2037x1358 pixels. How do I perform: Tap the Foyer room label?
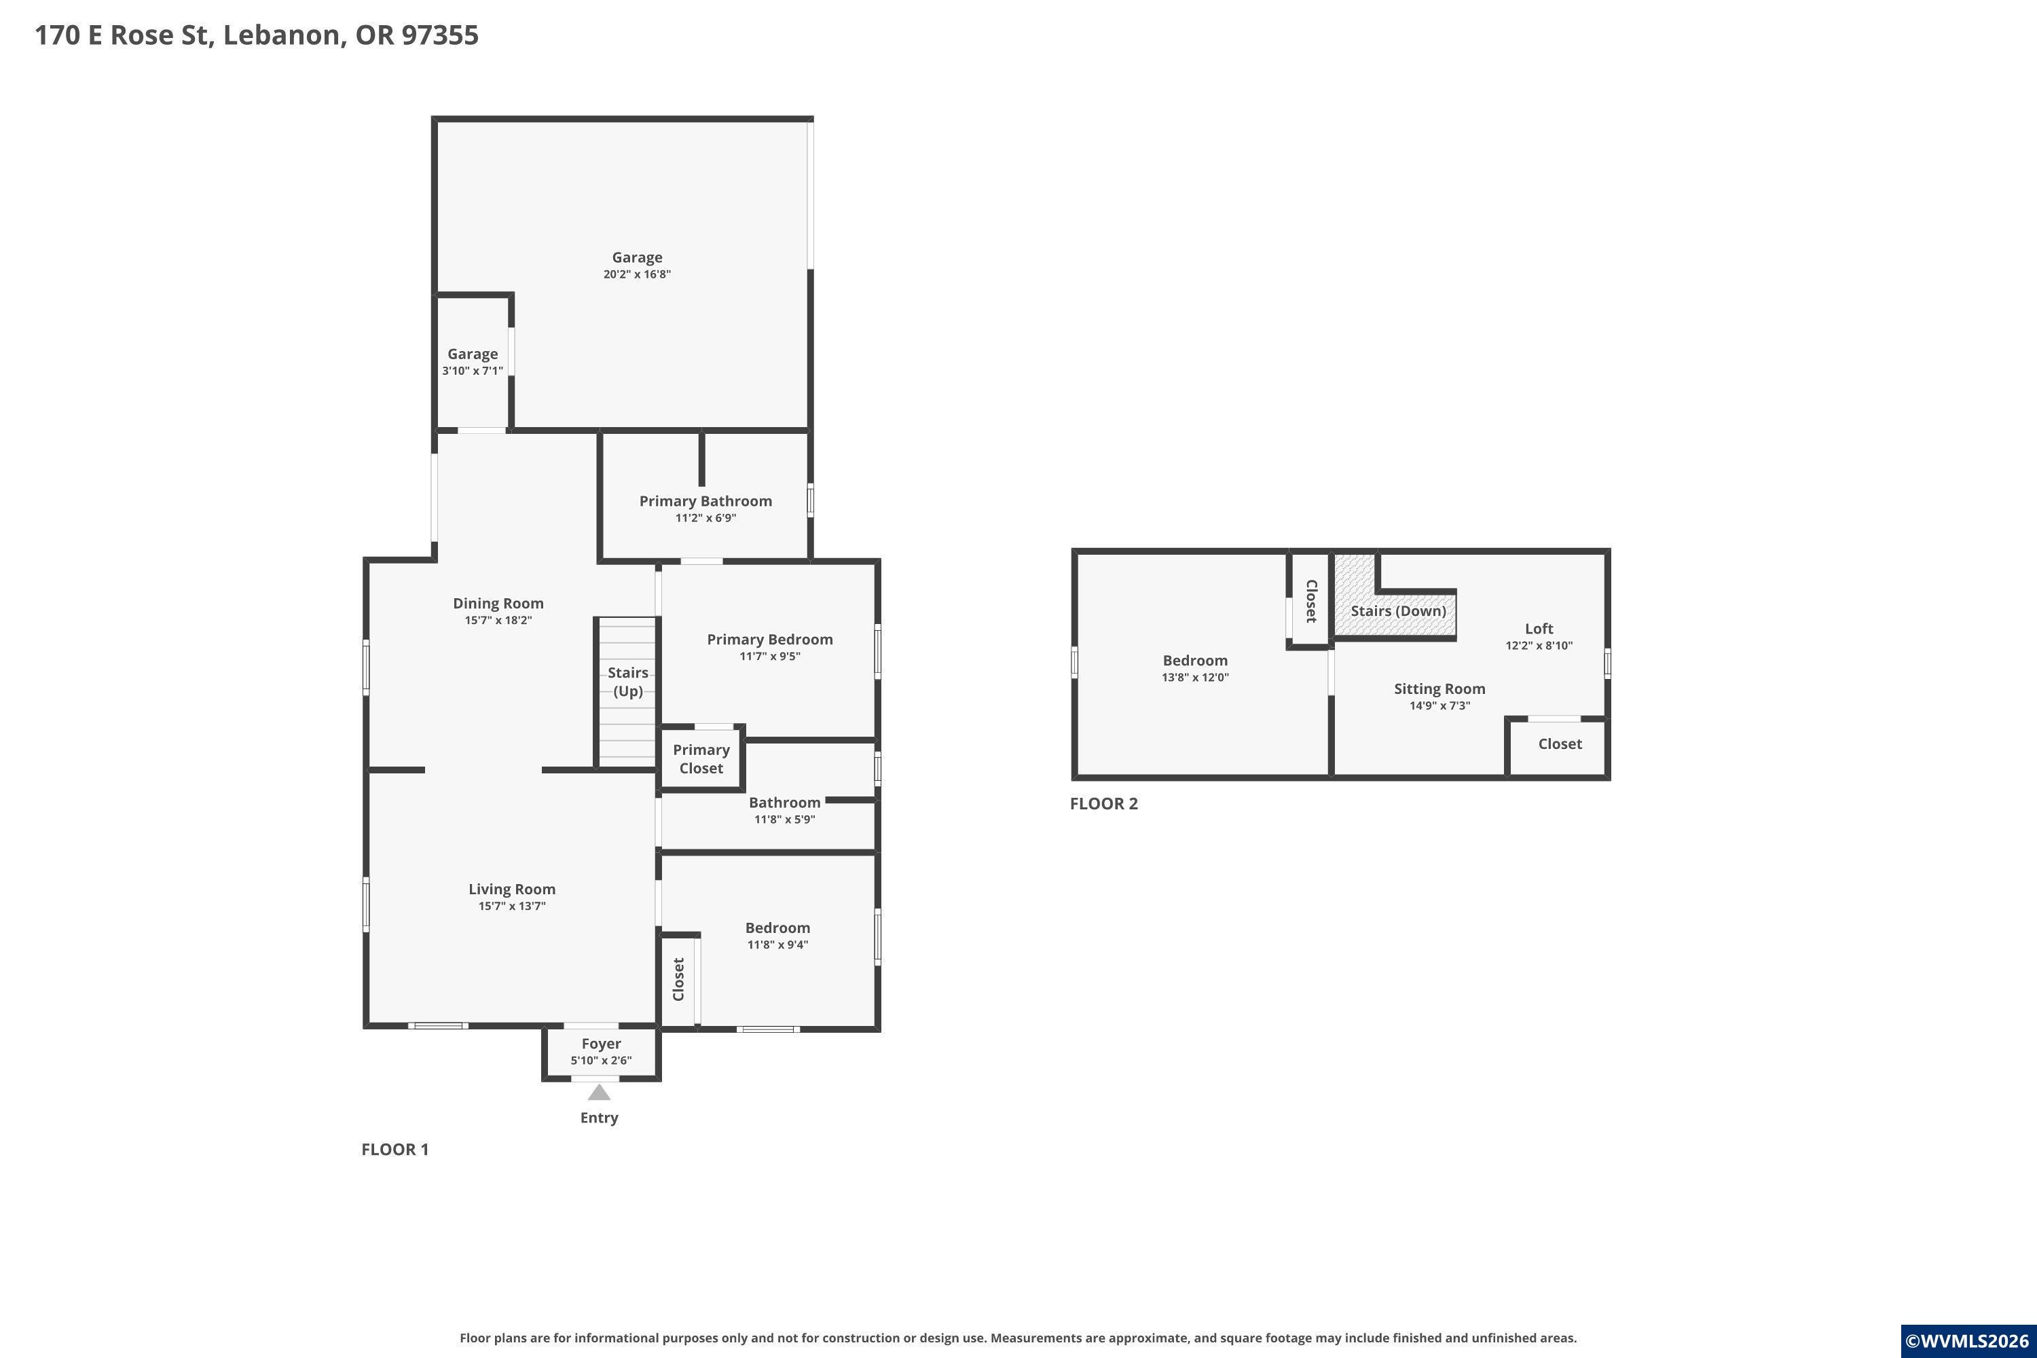(601, 1044)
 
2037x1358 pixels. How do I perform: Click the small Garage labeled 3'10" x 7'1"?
(472, 361)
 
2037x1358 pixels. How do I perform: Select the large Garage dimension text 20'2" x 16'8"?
(638, 274)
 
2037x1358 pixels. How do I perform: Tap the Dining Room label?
(498, 604)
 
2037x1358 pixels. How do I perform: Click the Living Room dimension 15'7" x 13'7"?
(512, 906)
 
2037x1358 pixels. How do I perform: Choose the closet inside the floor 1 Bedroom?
(679, 980)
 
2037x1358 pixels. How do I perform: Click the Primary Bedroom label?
(770, 639)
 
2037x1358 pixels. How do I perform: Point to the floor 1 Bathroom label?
(784, 802)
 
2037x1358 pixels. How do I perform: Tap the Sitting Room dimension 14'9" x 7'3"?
(1439, 706)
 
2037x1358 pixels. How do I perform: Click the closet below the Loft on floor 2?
(1560, 744)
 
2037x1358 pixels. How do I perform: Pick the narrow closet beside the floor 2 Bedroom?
(1310, 601)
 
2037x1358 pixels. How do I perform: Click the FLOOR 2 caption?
(1103, 804)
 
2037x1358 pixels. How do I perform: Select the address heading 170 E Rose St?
(257, 35)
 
